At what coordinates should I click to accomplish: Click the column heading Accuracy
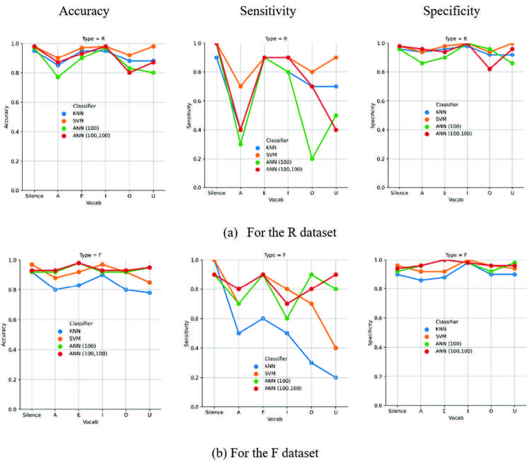point(84,11)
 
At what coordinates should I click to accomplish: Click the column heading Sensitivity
point(268,11)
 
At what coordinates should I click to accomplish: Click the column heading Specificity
point(452,11)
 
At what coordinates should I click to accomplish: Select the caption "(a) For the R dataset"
point(280,233)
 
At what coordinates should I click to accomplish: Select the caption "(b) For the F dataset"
point(265,453)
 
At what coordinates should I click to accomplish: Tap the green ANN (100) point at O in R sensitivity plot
point(312,159)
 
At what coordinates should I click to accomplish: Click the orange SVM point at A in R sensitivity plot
point(241,86)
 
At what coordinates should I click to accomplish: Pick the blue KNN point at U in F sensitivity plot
point(336,377)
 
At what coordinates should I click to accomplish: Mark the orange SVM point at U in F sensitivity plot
point(336,348)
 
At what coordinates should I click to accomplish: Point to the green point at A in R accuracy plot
point(58,77)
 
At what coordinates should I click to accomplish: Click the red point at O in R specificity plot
point(490,69)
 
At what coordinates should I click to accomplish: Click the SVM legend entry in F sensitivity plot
point(270,374)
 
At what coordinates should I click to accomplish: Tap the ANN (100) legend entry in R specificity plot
point(448,126)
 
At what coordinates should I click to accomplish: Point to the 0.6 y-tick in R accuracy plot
point(15,102)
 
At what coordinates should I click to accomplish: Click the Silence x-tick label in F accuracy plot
point(32,415)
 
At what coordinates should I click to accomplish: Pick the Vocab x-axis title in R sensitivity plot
point(276,200)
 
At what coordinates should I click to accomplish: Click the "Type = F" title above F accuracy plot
point(90,255)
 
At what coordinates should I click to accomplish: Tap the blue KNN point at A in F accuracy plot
point(55,289)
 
